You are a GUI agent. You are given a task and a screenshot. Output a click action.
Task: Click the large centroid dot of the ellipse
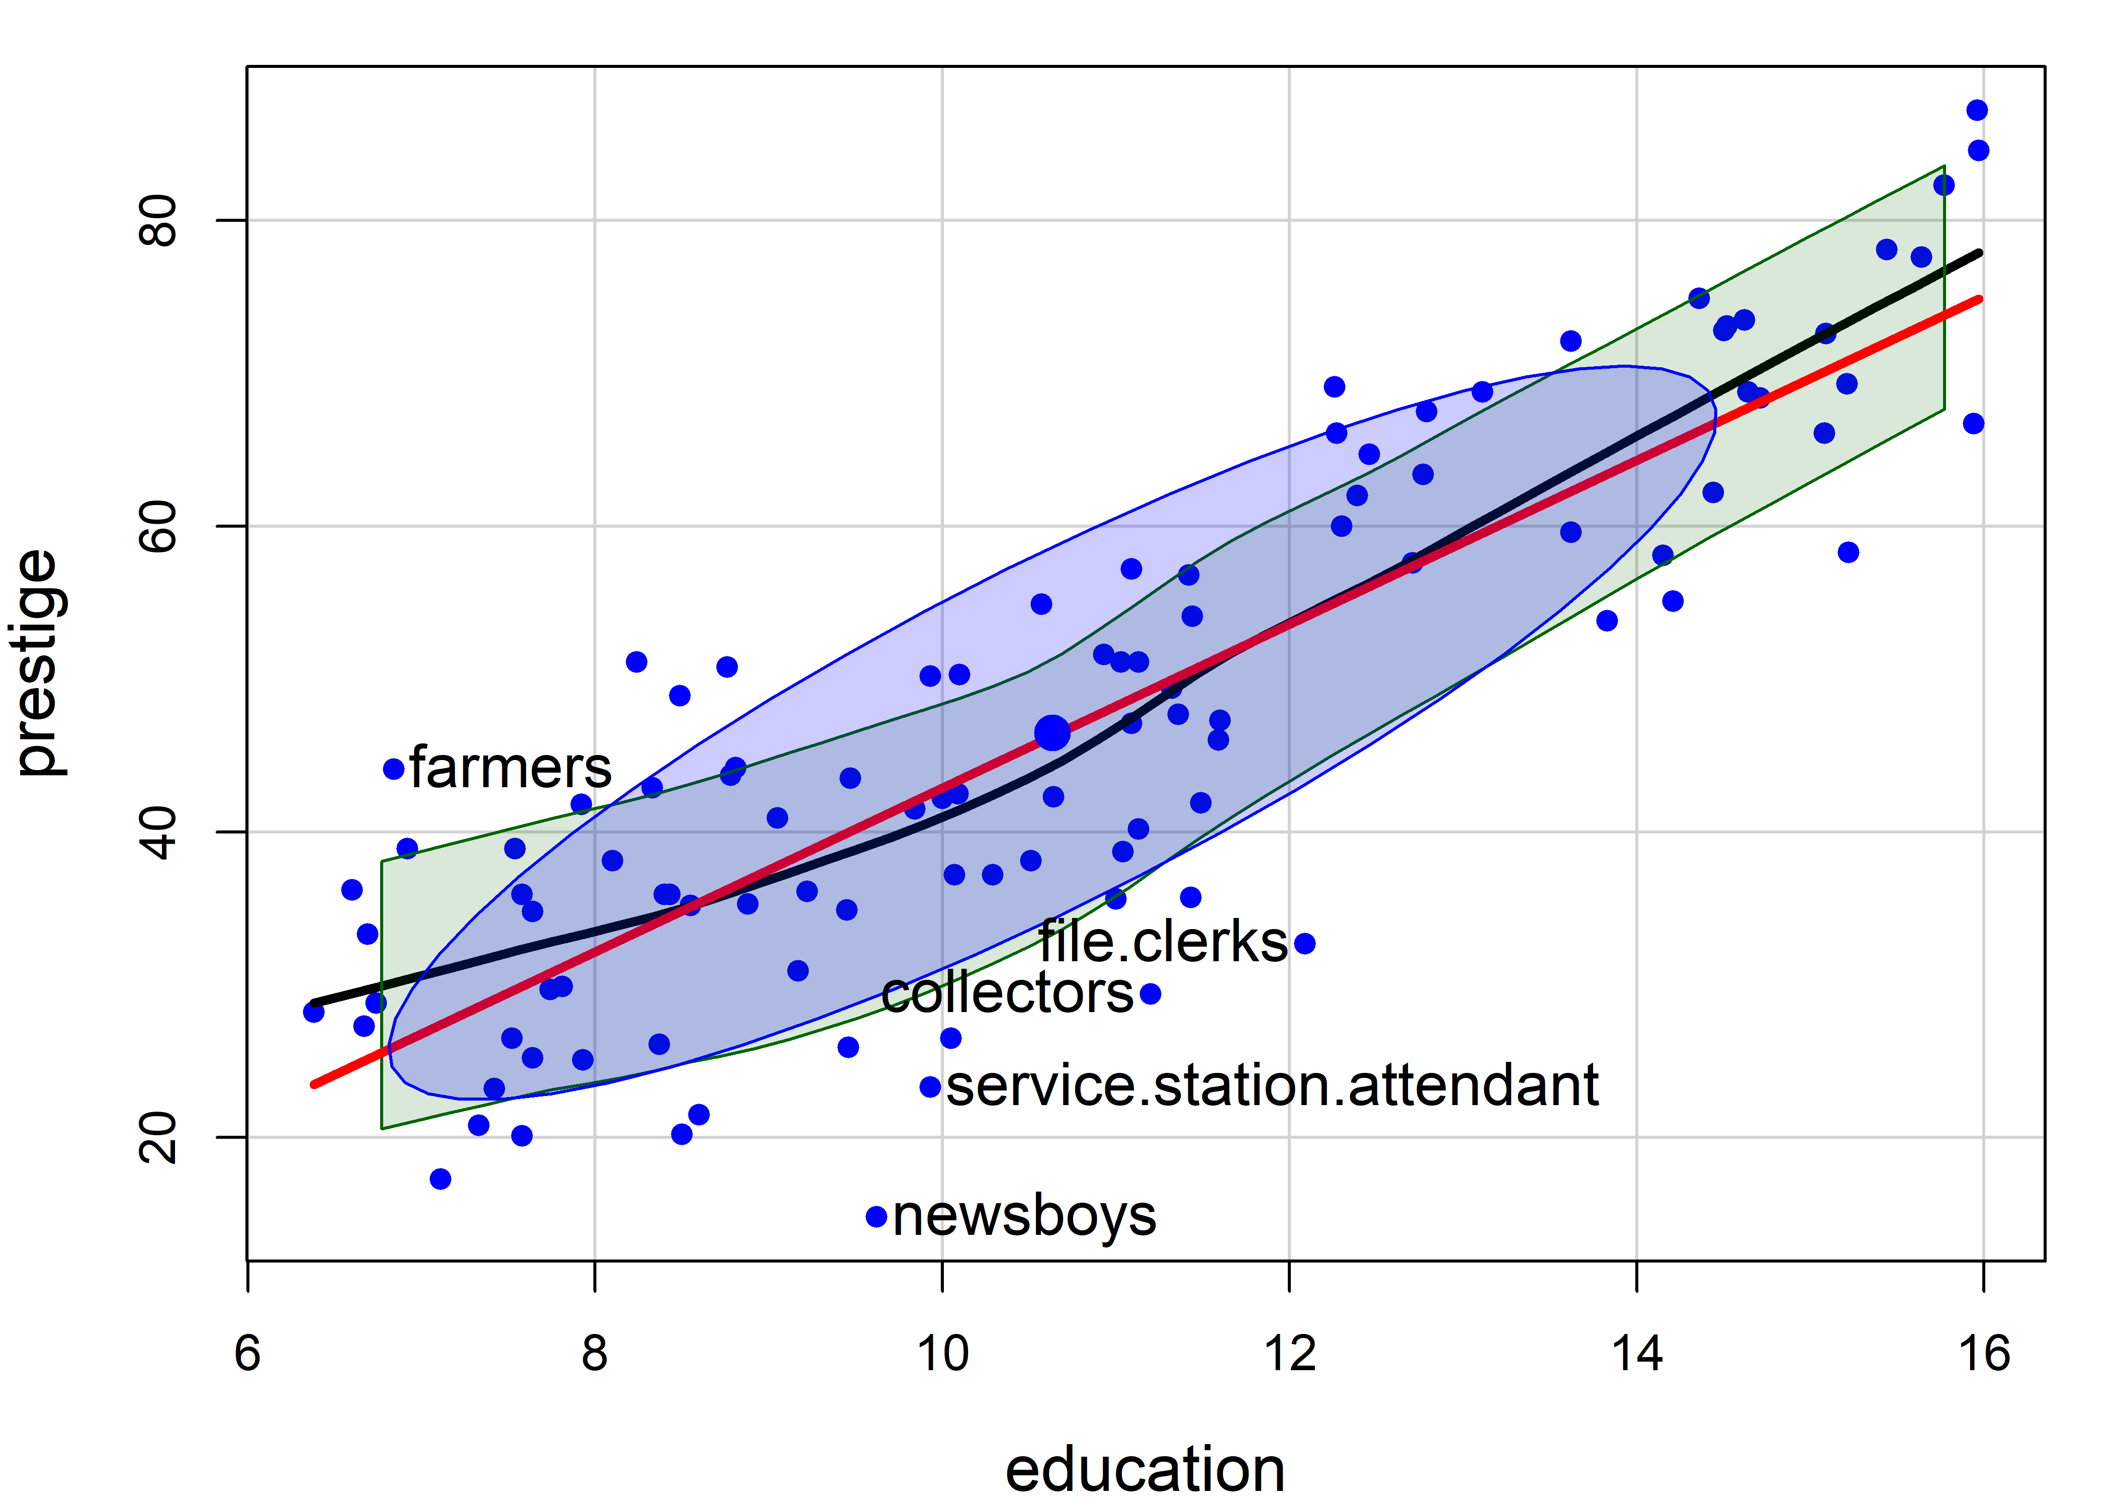point(1052,733)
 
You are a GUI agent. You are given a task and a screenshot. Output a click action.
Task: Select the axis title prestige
point(39,662)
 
